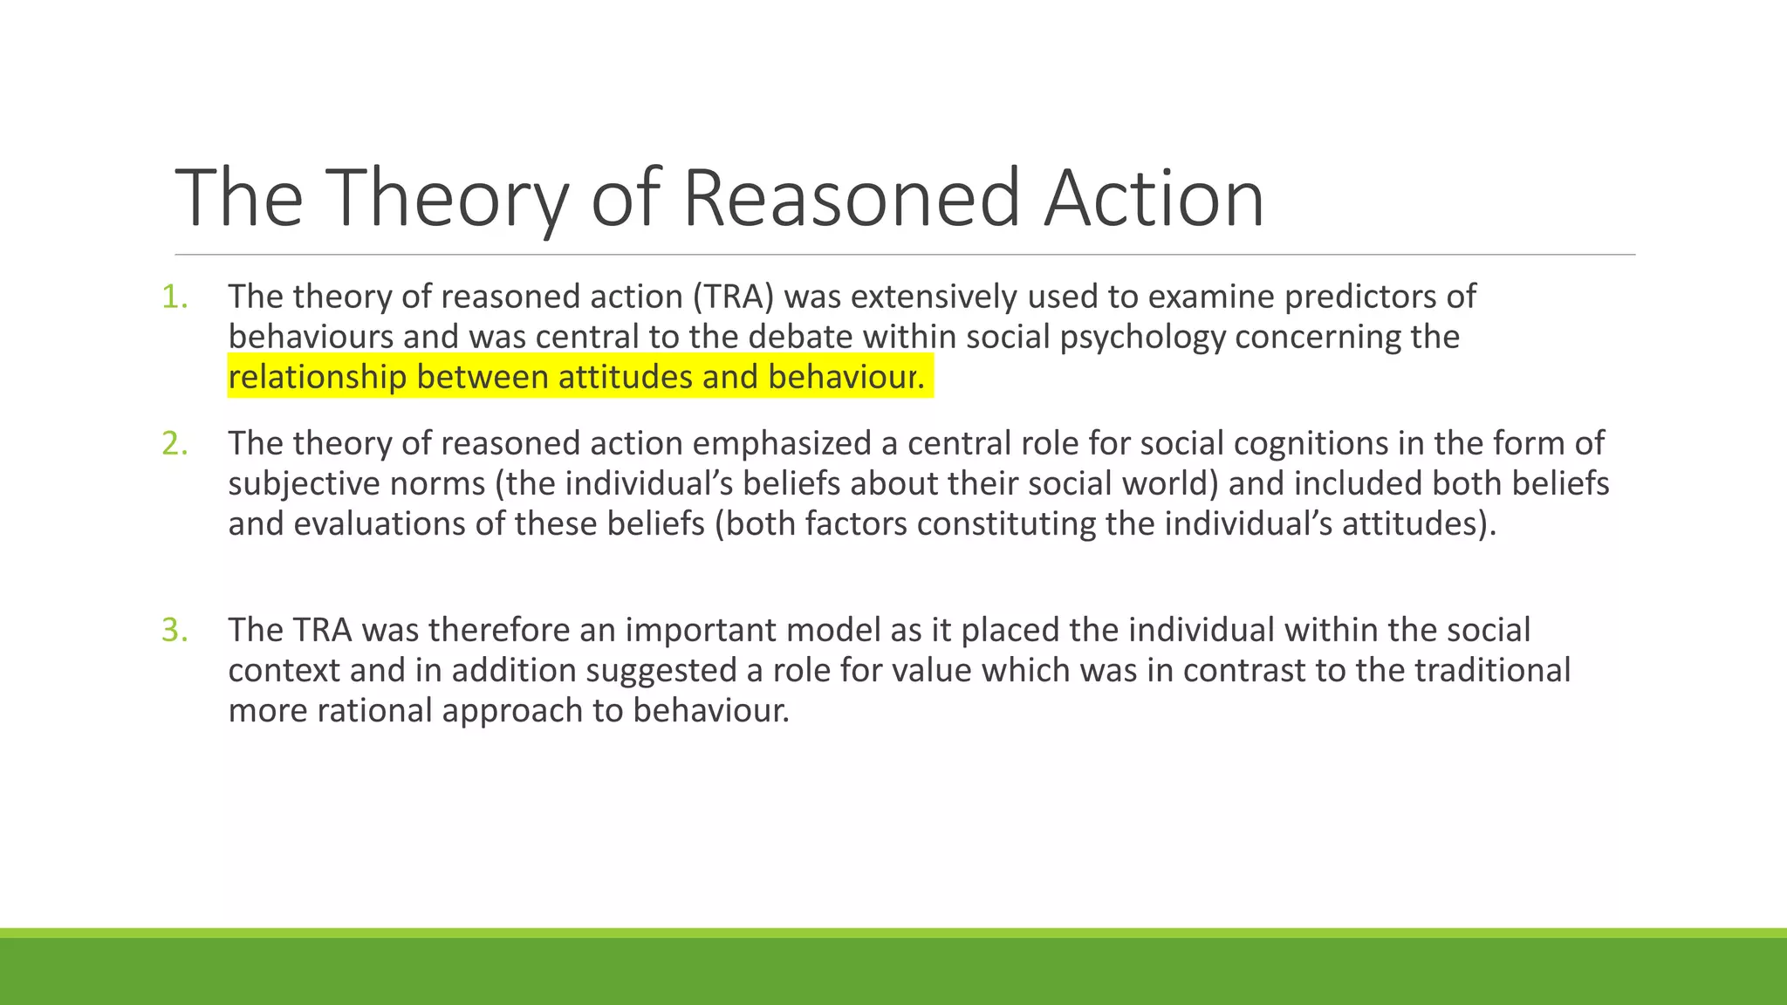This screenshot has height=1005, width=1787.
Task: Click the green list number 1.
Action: coord(174,297)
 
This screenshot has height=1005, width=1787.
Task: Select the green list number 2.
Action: coord(174,444)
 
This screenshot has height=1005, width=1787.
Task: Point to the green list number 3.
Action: coord(174,631)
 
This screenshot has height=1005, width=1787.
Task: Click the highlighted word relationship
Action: coord(318,378)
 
